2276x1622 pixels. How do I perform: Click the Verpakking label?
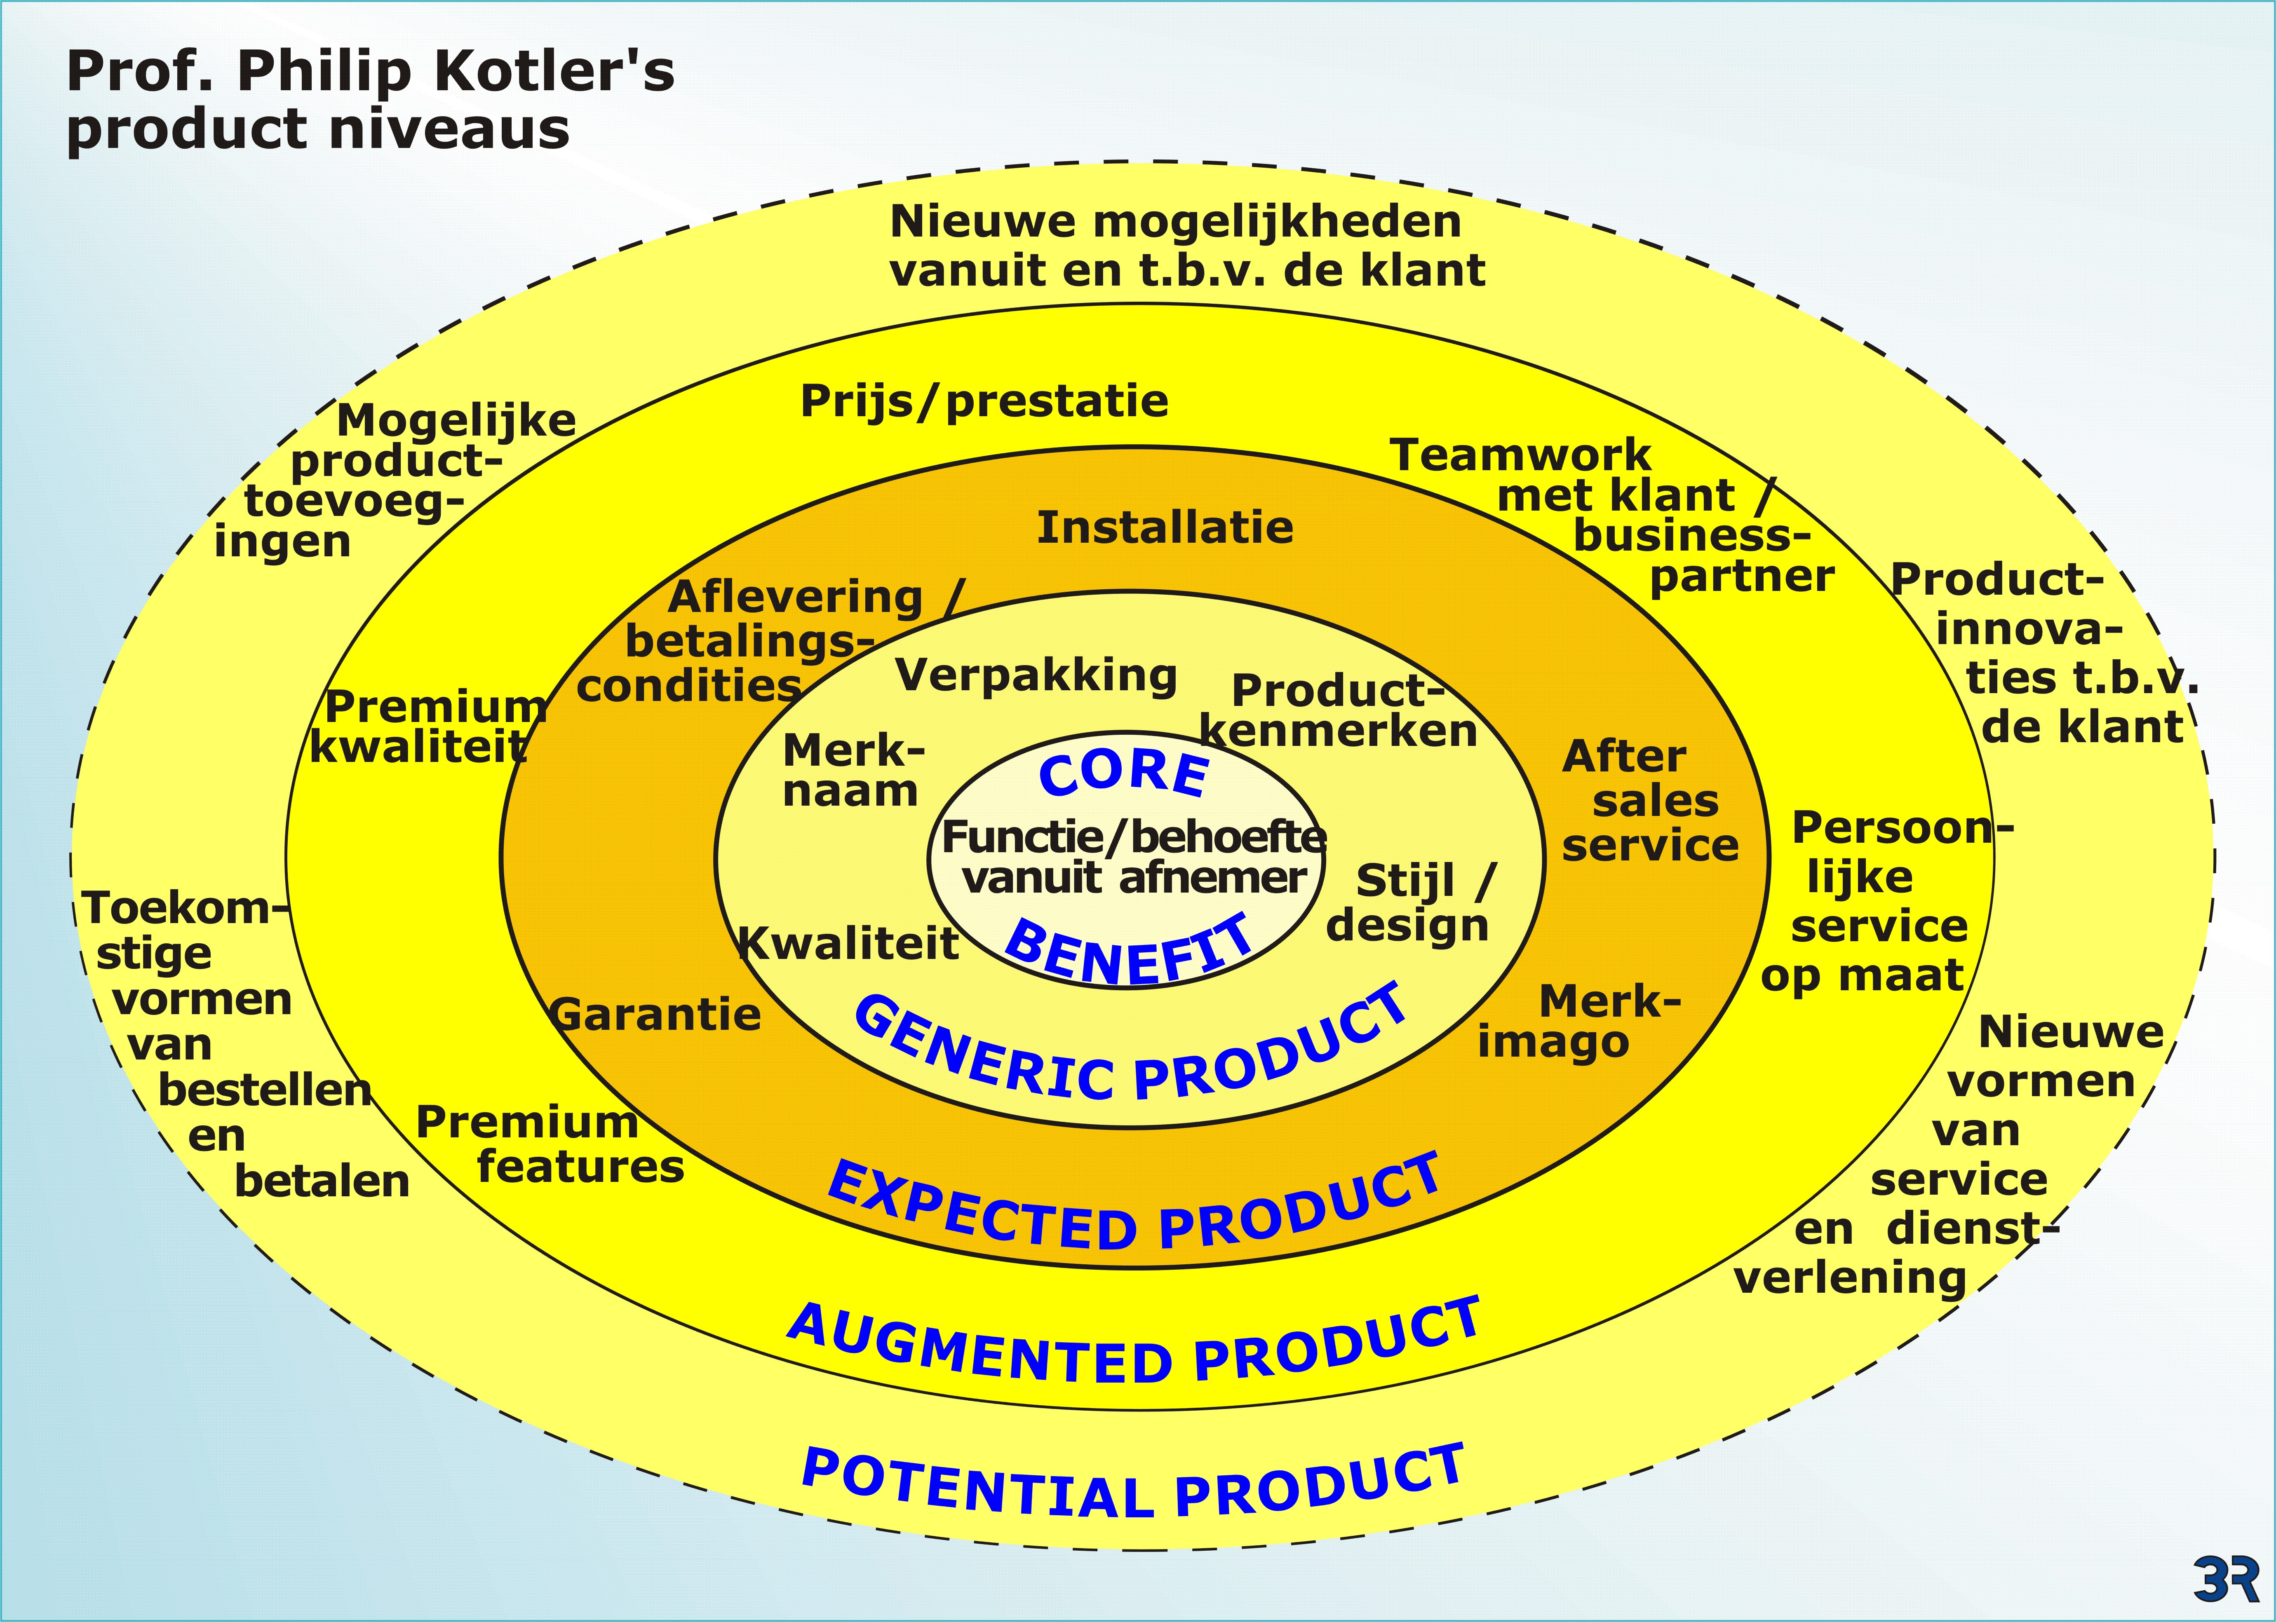click(x=1036, y=676)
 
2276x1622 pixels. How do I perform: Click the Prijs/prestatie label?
click(x=984, y=401)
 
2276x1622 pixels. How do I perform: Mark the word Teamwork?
click(x=1521, y=455)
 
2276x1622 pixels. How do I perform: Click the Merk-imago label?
click(x=1578, y=1021)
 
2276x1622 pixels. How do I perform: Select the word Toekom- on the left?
click(x=185, y=909)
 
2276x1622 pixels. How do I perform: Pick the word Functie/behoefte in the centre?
click(x=1134, y=837)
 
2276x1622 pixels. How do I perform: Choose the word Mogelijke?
click(x=457, y=420)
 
